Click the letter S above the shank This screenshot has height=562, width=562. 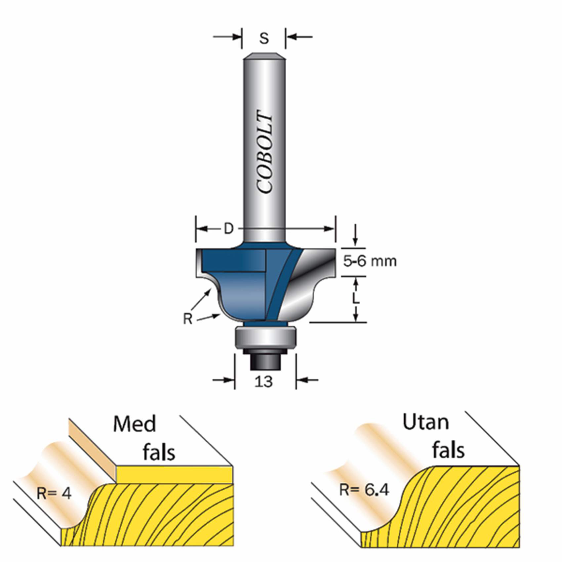[264, 38]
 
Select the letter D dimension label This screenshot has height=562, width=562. [229, 228]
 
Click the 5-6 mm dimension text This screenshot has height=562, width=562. [370, 261]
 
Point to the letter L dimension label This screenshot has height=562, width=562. [356, 299]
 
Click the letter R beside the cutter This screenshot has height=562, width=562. [187, 319]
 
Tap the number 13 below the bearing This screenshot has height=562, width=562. [264, 382]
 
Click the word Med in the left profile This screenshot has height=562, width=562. [135, 424]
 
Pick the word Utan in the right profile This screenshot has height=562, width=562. [426, 422]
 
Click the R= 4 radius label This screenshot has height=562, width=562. [54, 494]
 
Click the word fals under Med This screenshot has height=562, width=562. [159, 452]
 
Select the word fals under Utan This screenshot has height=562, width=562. [449, 450]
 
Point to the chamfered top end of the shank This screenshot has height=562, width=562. [264, 57]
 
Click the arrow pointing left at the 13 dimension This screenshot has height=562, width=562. [307, 380]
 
